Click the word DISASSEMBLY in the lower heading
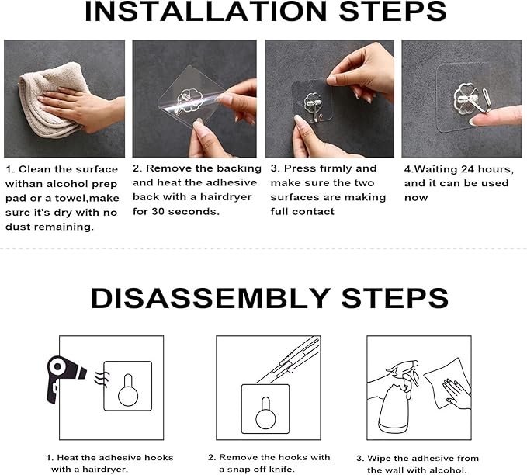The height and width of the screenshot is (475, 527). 203,298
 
